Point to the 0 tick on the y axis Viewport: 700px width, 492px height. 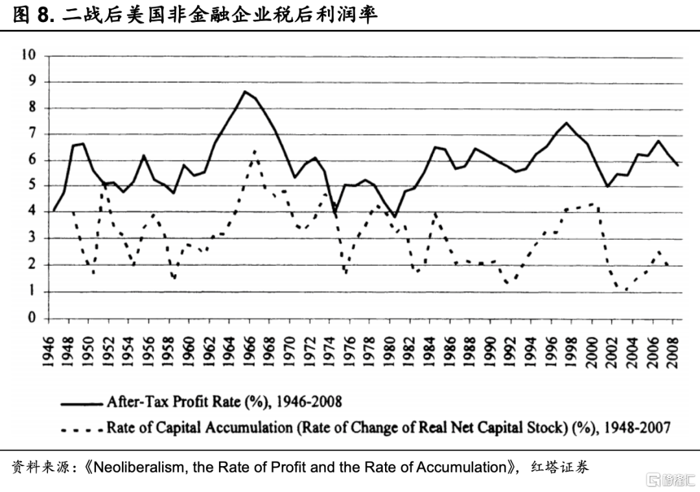[x=31, y=318]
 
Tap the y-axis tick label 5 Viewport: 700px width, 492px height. [x=31, y=186]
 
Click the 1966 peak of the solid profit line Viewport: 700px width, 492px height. [x=244, y=91]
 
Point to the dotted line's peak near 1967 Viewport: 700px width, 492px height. [x=255, y=150]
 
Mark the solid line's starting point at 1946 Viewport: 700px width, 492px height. [x=53, y=211]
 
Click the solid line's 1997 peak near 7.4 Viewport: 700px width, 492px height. [x=566, y=123]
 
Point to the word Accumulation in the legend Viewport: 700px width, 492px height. [x=253, y=428]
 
